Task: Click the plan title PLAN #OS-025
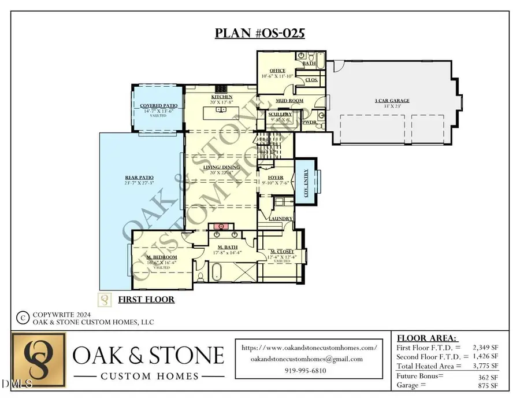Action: (x=259, y=33)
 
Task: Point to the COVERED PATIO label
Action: (x=154, y=106)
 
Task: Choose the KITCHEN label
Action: (x=221, y=97)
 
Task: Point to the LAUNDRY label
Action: (x=279, y=219)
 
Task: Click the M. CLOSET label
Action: (x=283, y=251)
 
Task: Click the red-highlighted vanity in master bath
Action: (x=220, y=226)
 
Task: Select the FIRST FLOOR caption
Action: (x=146, y=300)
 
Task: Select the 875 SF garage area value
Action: (x=486, y=385)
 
